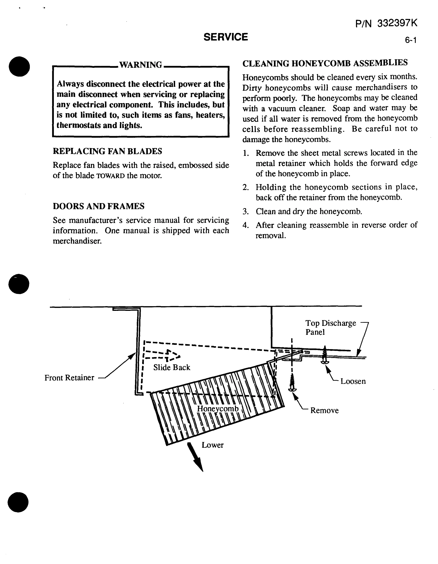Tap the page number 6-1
click(410, 40)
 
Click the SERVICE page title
click(225, 37)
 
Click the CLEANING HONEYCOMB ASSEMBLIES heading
click(325, 63)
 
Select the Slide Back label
click(172, 367)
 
